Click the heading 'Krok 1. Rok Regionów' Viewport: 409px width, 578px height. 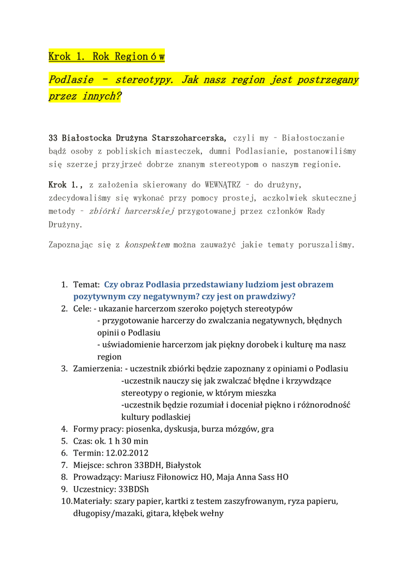(106, 56)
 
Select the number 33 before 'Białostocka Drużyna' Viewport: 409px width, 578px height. (54, 138)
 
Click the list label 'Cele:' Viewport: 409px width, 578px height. (82, 309)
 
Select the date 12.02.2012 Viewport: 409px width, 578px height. (127, 453)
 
